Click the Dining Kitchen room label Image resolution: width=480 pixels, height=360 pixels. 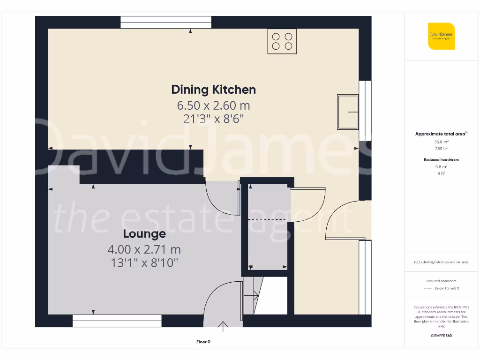point(213,89)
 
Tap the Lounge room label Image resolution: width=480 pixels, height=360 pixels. point(144,233)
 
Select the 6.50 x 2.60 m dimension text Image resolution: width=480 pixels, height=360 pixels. point(213,105)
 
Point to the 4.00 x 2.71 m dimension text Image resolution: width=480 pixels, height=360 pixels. point(144,249)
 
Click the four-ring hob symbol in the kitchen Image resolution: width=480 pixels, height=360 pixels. point(282,41)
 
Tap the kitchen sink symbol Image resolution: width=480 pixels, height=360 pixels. point(347,112)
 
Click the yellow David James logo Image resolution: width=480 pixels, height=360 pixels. point(441,36)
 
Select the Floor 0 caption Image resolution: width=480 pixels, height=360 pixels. point(203,342)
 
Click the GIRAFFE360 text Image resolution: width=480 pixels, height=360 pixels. point(441,336)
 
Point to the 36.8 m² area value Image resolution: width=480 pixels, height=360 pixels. point(441,141)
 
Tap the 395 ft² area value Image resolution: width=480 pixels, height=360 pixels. point(441,148)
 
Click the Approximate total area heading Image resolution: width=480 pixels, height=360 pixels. point(441,134)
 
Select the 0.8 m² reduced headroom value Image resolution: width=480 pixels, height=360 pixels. point(441,166)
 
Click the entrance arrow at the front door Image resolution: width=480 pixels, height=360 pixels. point(223,326)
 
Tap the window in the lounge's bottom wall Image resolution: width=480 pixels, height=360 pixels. point(117,321)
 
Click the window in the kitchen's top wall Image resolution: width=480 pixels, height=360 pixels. point(166,22)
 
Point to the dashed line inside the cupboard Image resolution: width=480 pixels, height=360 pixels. point(267,219)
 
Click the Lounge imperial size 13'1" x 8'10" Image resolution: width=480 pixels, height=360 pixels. point(144,263)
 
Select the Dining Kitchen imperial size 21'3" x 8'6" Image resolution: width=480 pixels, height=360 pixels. point(213,119)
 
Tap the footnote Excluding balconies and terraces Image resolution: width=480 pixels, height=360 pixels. point(441,262)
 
